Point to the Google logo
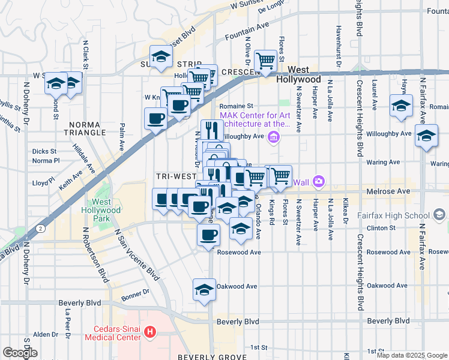click(x=20, y=353)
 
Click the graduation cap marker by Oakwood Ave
click(x=204, y=289)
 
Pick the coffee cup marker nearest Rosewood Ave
click(x=208, y=234)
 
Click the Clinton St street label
click(x=381, y=228)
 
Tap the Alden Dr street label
click(x=45, y=334)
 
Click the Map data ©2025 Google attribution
click(x=412, y=355)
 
